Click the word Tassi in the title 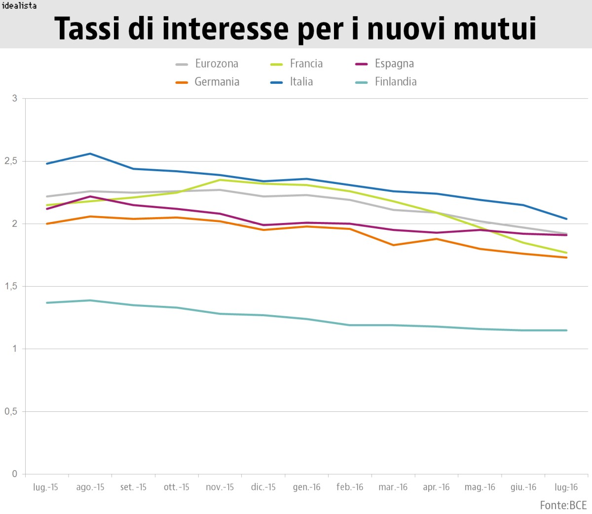[87, 28]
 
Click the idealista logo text [19, 6]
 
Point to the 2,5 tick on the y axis [10, 161]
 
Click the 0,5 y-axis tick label [10, 411]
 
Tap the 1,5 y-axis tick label [10, 287]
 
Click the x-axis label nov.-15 [220, 487]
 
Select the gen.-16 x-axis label [306, 487]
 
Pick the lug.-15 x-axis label [45, 487]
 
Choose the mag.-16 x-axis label [480, 487]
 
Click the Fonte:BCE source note [563, 505]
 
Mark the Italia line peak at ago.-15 [90, 153]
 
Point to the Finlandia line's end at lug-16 [566, 330]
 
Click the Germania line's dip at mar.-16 [393, 245]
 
